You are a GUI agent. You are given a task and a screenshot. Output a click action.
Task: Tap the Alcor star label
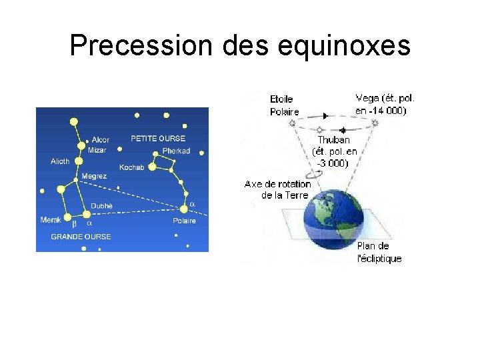pyautogui.click(x=101, y=140)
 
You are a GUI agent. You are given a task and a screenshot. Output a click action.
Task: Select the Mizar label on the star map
pyautogui.click(x=97, y=151)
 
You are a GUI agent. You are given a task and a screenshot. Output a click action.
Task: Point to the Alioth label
pyautogui.click(x=60, y=161)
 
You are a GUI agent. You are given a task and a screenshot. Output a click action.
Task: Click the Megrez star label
pyautogui.click(x=93, y=177)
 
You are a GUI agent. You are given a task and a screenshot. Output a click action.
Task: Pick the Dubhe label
pyautogui.click(x=101, y=206)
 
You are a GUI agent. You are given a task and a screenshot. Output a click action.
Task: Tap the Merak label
pyautogui.click(x=51, y=220)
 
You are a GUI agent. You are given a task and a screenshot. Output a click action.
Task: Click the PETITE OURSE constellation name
pyautogui.click(x=158, y=139)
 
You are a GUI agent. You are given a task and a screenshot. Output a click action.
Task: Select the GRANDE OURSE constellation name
pyautogui.click(x=81, y=237)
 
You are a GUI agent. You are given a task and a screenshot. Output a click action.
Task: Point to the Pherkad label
pyautogui.click(x=176, y=151)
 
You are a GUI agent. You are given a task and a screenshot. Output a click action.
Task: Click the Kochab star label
pyautogui.click(x=131, y=167)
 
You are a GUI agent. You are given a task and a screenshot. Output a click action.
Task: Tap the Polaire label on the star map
pyautogui.click(x=184, y=221)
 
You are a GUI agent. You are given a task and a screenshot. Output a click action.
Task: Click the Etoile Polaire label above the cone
pyautogui.click(x=284, y=106)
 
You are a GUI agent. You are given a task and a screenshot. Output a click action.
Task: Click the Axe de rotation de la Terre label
pyautogui.click(x=278, y=189)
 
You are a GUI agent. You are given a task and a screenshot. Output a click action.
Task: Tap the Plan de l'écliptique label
pyautogui.click(x=379, y=252)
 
